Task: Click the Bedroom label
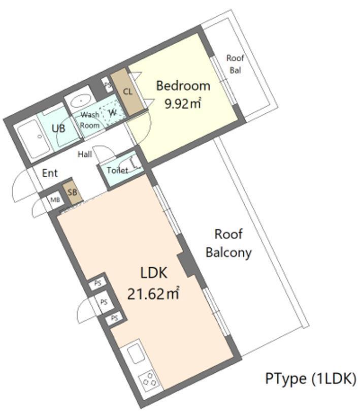click(183, 86)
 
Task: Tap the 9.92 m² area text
click(183, 103)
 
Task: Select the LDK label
click(154, 273)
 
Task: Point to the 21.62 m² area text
click(153, 294)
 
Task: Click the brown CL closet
click(127, 92)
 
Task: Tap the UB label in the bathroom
click(58, 129)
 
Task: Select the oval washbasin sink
click(80, 101)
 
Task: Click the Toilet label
click(117, 170)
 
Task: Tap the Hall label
click(85, 154)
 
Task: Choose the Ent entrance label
click(50, 173)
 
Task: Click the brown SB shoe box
click(72, 193)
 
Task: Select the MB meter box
click(55, 200)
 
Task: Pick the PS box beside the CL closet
click(108, 85)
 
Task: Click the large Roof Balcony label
click(228, 243)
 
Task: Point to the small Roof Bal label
click(235, 64)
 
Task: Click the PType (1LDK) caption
click(311, 379)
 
